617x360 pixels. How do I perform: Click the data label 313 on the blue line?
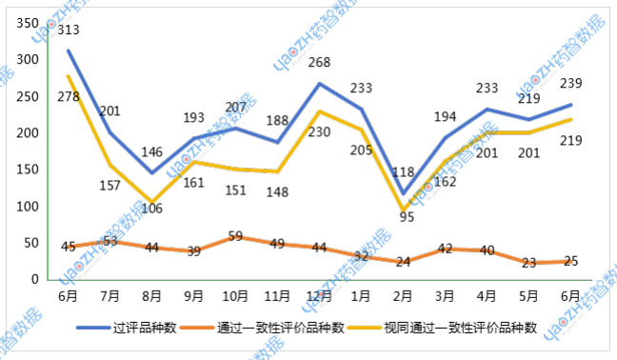[68, 30]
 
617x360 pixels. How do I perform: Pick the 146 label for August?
[153, 151]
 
